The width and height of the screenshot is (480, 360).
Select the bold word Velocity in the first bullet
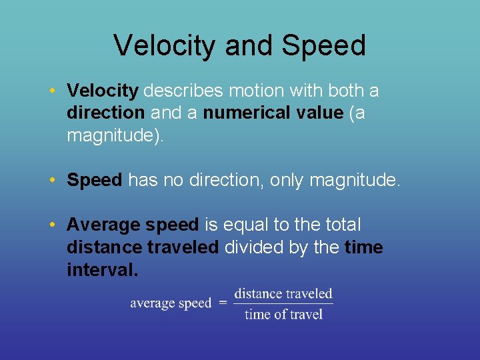coord(103,90)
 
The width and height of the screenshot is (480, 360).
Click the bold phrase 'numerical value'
coord(273,113)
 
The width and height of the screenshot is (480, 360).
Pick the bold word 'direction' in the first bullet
coord(105,113)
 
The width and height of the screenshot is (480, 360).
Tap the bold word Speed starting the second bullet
coord(95,180)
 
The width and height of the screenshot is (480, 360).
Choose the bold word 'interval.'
coord(103,271)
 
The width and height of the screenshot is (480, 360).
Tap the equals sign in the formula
coord(223,303)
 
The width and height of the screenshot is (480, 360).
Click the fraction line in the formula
coord(283,304)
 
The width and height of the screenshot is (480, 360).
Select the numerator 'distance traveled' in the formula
coord(283,293)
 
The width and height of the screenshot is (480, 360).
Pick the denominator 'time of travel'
coord(283,314)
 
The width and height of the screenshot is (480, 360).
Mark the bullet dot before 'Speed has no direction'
coord(52,181)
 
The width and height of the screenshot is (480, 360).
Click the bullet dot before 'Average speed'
coord(52,225)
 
